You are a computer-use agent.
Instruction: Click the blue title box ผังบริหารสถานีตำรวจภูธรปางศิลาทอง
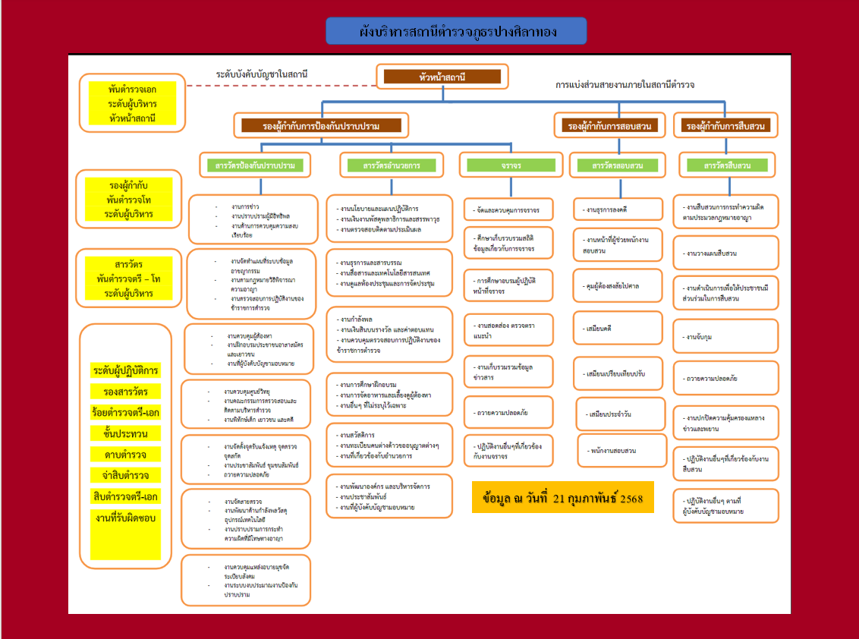click(455, 31)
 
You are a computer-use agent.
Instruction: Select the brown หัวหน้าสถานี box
click(442, 77)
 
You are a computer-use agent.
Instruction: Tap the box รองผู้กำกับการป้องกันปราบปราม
click(321, 126)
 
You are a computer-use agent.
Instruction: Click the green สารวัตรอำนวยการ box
click(392, 165)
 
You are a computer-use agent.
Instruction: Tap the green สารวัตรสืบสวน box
click(727, 165)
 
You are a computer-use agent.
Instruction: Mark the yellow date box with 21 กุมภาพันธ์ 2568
click(562, 497)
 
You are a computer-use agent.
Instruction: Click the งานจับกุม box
click(725, 336)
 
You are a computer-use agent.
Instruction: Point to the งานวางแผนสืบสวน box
click(725, 253)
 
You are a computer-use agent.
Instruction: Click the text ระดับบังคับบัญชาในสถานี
click(262, 74)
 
